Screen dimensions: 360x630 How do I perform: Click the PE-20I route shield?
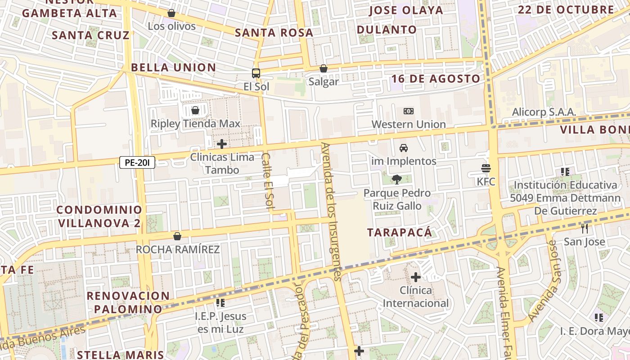click(137, 162)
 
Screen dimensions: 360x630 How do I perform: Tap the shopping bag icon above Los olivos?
click(171, 13)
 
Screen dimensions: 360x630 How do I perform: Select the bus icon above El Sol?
click(256, 73)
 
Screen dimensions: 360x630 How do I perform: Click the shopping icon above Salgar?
click(323, 69)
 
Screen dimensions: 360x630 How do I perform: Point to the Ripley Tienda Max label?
click(195, 124)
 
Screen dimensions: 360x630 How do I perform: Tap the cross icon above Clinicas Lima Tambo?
click(221, 144)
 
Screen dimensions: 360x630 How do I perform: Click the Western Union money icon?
click(408, 111)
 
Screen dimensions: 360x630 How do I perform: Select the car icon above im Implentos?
click(404, 148)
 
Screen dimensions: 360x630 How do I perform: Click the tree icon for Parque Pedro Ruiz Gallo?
click(396, 180)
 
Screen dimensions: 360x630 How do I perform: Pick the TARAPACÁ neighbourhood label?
click(399, 233)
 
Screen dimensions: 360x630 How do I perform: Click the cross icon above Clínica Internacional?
click(416, 277)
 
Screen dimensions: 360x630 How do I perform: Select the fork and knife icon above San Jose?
click(584, 229)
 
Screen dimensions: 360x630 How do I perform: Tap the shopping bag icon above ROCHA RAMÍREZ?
click(177, 236)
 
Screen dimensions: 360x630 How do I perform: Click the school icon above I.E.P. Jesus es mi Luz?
click(220, 303)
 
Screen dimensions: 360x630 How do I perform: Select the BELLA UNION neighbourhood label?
click(173, 68)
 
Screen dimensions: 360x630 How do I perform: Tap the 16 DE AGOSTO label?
click(436, 79)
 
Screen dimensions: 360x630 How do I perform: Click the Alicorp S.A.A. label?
click(544, 112)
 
